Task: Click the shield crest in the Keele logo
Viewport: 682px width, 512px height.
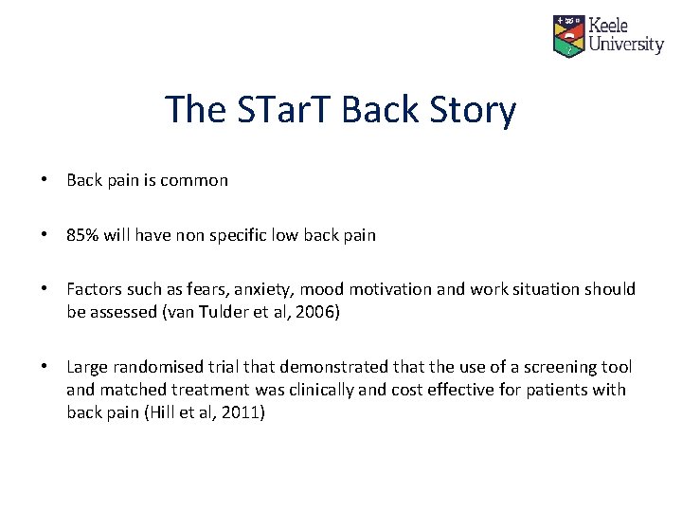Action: pyautogui.click(x=569, y=35)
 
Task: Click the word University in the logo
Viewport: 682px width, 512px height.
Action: pyautogui.click(x=626, y=45)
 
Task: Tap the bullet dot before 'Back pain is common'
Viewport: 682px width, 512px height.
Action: pyautogui.click(x=45, y=180)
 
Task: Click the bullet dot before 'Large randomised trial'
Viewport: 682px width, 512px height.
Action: pyautogui.click(x=45, y=367)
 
